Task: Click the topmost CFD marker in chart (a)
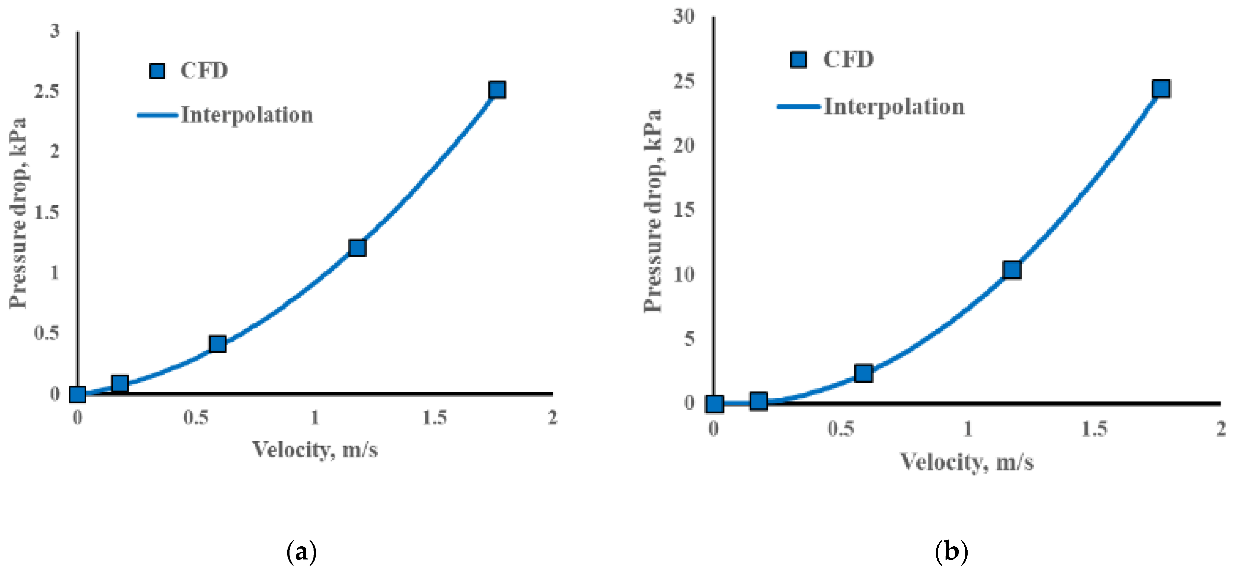pos(497,90)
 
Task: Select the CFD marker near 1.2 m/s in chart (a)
pos(357,248)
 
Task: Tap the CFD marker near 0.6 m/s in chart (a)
pos(217,343)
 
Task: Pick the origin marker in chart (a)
pos(78,394)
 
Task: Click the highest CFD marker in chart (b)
pos(1161,89)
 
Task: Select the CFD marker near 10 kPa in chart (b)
pos(1011,270)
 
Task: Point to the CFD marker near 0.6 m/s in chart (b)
pos(863,373)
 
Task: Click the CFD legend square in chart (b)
pos(798,60)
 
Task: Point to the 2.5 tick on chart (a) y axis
pos(47,91)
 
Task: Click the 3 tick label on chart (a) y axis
pos(55,31)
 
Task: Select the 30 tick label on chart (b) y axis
pos(684,16)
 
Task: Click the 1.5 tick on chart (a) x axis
pos(434,417)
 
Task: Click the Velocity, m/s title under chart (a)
pos(315,449)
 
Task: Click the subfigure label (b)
pos(951,552)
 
